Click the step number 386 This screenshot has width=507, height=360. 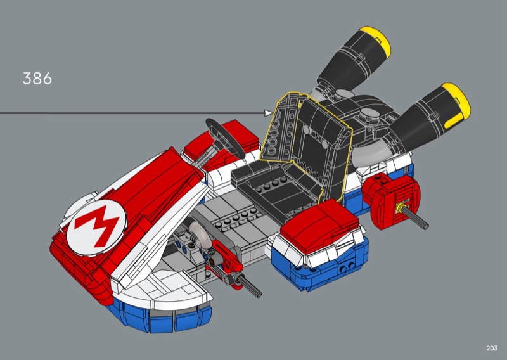(x=37, y=79)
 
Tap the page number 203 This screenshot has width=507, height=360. (x=492, y=348)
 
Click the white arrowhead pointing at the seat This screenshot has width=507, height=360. (x=269, y=113)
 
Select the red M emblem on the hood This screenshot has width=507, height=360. (x=96, y=224)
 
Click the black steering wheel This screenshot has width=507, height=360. (x=226, y=138)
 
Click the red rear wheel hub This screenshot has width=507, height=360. (x=391, y=200)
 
